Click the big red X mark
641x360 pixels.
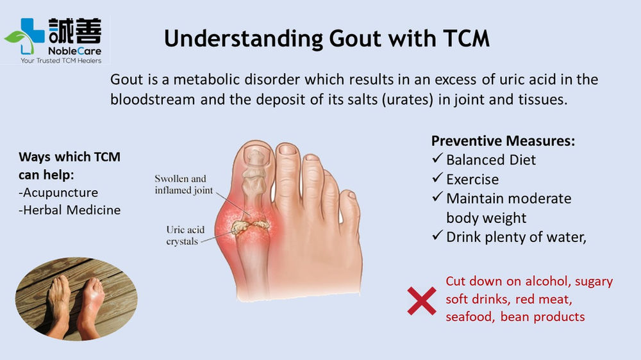pyautogui.click(x=421, y=300)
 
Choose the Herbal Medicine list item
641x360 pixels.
pyautogui.click(x=70, y=209)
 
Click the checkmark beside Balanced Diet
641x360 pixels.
pyautogui.click(x=438, y=160)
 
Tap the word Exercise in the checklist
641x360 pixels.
pyautogui.click(x=472, y=179)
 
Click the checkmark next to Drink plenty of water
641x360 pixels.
pyautogui.click(x=438, y=236)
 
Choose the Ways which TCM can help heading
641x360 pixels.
pyautogui.click(x=69, y=165)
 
